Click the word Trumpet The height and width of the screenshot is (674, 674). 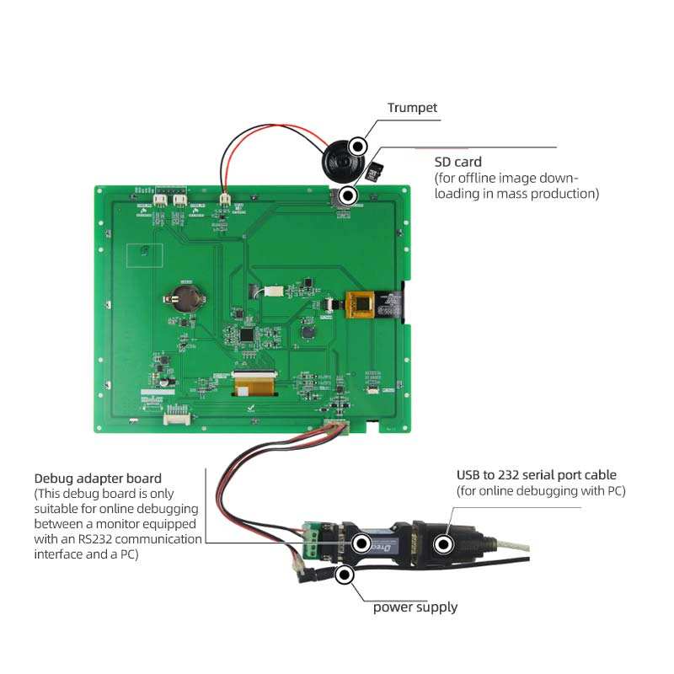tap(413, 108)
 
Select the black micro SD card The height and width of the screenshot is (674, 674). tap(376, 173)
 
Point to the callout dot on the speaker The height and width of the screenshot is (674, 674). tap(358, 146)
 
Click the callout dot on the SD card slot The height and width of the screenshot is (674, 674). tap(348, 195)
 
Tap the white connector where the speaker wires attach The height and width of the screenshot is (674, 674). tap(225, 201)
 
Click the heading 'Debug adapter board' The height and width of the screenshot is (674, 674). tap(98, 479)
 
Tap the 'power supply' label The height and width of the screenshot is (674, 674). tap(415, 607)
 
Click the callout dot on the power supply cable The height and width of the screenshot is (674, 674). tap(344, 576)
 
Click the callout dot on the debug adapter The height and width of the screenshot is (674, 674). tap(361, 543)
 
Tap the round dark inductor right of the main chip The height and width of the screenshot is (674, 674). tap(307, 334)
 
